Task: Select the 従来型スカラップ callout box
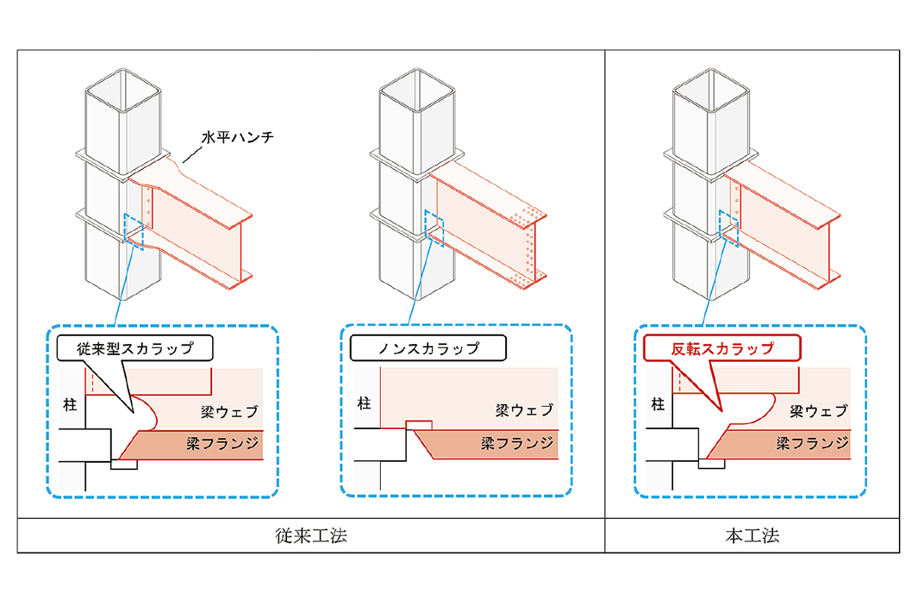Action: click(134, 349)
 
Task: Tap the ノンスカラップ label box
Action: click(428, 349)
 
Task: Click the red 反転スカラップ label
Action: click(722, 349)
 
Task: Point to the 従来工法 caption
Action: click(310, 535)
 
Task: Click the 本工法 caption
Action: click(753, 535)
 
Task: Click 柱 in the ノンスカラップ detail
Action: click(363, 402)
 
